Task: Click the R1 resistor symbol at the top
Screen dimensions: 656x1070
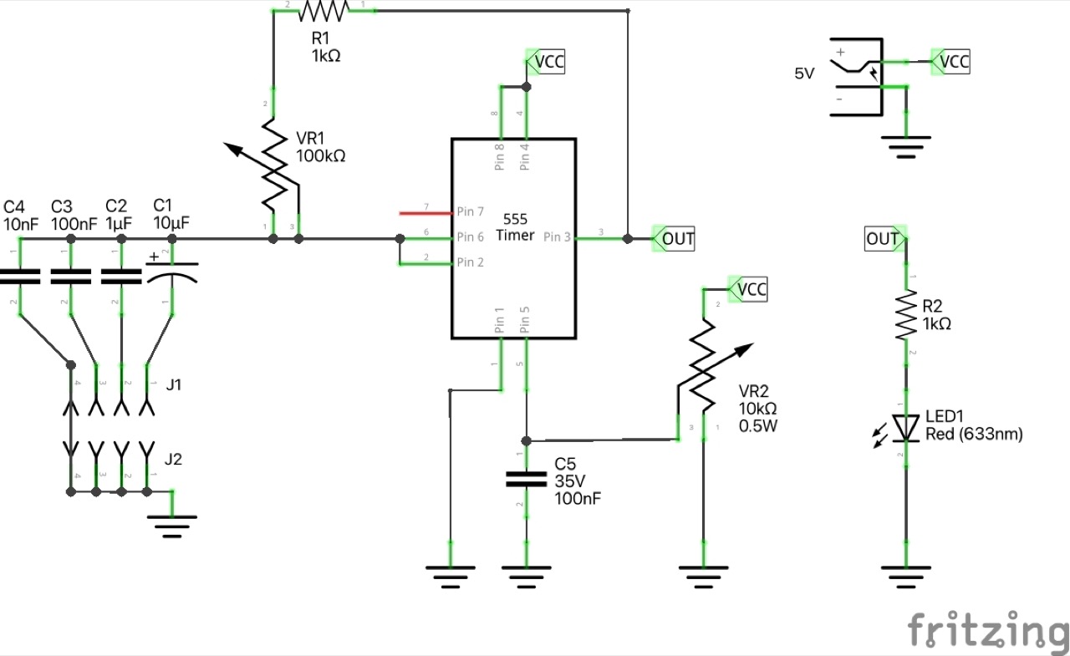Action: point(323,11)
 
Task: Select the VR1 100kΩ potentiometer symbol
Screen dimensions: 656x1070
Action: point(274,164)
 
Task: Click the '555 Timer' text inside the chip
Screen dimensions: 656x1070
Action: point(515,226)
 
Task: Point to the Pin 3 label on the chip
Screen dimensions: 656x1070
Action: point(557,237)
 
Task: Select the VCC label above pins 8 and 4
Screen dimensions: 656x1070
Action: point(548,61)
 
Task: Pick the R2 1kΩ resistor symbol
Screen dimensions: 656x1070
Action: point(907,316)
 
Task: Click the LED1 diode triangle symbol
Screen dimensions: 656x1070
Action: point(907,427)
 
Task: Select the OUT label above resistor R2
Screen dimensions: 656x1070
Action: point(883,240)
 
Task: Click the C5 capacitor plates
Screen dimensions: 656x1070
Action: point(526,480)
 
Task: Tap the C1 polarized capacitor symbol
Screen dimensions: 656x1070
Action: point(172,276)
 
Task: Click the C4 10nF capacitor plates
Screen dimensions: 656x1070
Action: point(19,277)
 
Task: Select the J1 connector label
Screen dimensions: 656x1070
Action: point(174,385)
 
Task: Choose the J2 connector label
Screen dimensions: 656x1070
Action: point(174,459)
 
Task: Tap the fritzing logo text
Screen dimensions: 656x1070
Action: point(986,630)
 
